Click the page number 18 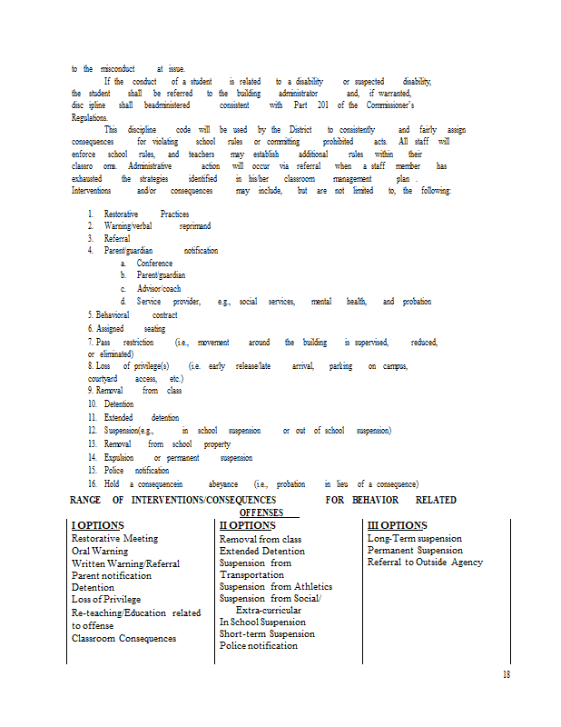[506, 673]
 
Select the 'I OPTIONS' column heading [97, 526]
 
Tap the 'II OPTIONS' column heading [247, 526]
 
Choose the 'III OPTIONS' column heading [397, 526]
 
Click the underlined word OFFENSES [261, 513]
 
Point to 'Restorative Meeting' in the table [114, 539]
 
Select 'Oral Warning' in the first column [100, 551]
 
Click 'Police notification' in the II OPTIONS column [258, 645]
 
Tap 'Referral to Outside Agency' [425, 563]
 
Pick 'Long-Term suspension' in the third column [414, 539]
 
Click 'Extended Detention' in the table [261, 551]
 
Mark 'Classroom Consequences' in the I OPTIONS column [124, 638]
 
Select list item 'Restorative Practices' [145, 214]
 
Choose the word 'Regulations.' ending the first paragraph [89, 117]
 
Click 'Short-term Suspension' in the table [267, 633]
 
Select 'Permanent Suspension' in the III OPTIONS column [415, 551]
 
